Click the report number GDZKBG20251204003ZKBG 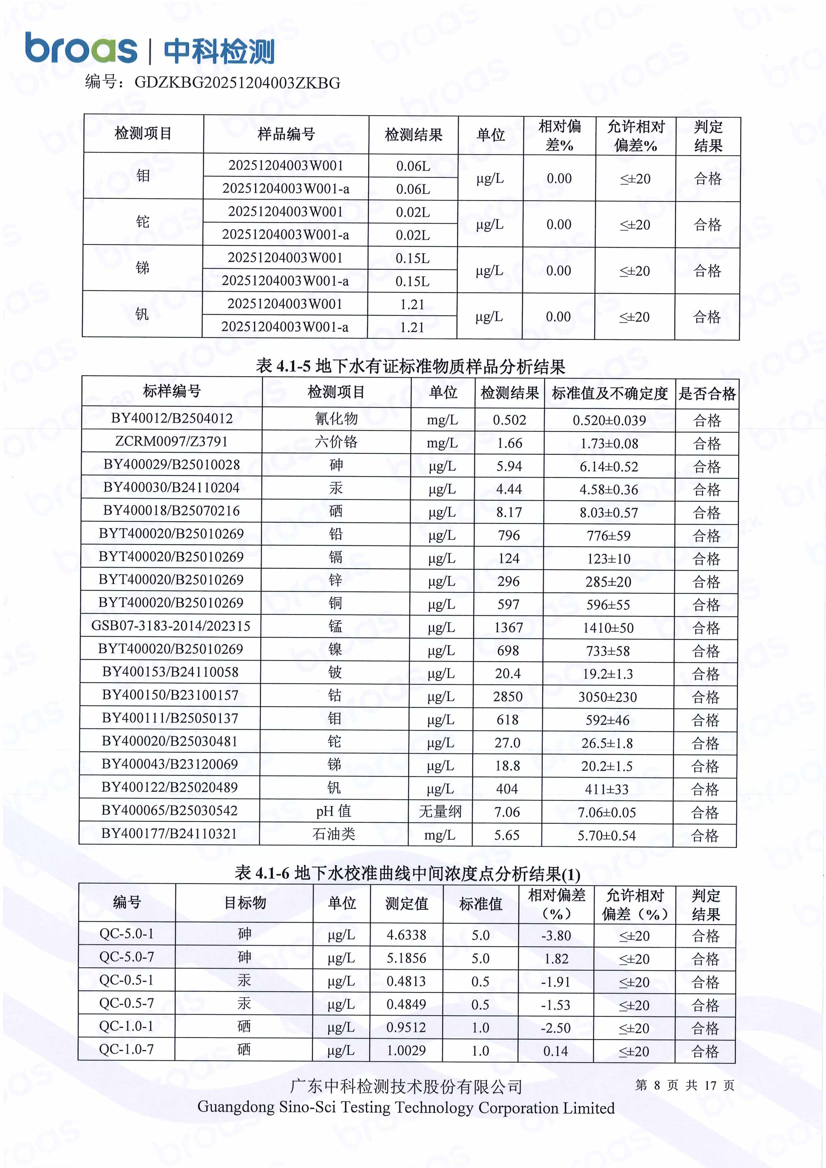tap(237, 83)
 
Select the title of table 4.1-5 tap(410, 366)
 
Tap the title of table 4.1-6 tap(407, 873)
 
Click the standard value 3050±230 tap(607, 697)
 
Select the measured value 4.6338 tap(406, 935)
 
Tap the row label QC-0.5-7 tap(126, 1003)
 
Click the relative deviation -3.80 tap(556, 936)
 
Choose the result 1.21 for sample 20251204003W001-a tap(412, 327)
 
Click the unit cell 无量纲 tap(440, 811)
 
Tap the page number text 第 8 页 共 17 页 tap(684, 1085)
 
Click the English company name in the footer tap(406, 1107)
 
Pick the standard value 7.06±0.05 tap(607, 812)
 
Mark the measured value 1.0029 tap(406, 1050)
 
